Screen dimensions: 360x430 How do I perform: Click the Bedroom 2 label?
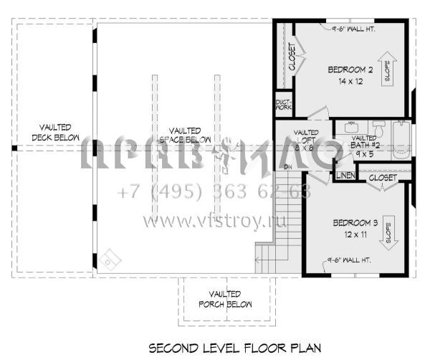(350, 70)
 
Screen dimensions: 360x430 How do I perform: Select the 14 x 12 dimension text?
(350, 82)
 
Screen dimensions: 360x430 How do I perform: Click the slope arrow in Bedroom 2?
(388, 69)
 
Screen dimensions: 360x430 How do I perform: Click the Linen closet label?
(345, 176)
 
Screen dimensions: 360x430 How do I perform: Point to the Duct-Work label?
(283, 105)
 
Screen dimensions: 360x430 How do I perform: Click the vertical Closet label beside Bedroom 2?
(292, 57)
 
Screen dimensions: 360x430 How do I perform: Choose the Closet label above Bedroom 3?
(383, 176)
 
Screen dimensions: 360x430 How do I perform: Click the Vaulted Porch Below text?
(224, 299)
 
